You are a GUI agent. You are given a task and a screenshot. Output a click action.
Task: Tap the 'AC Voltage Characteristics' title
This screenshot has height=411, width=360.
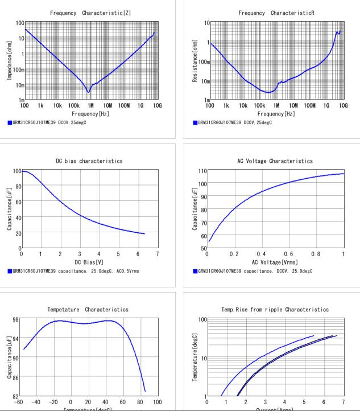pyautogui.click(x=275, y=161)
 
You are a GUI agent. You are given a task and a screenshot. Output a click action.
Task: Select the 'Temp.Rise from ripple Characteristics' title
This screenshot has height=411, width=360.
pyautogui.click(x=275, y=310)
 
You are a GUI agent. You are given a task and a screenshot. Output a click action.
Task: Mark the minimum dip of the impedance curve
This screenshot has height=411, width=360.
pyautogui.click(x=88, y=92)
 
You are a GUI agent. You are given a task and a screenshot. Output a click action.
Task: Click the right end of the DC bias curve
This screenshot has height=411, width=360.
pyautogui.click(x=144, y=233)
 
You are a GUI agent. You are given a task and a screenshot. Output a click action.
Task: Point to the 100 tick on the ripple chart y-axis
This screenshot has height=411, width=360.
pyautogui.click(x=199, y=320)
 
